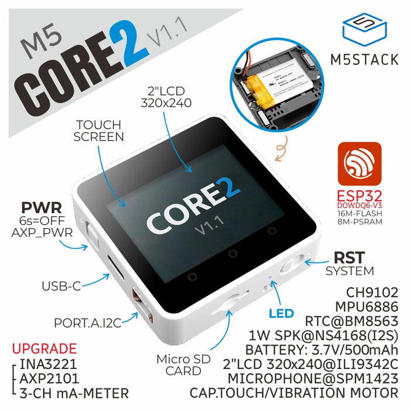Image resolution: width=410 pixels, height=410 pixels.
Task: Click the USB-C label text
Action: click(x=60, y=286)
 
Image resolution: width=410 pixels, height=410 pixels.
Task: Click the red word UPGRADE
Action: click(x=44, y=348)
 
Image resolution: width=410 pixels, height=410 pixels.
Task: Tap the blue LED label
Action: click(x=281, y=313)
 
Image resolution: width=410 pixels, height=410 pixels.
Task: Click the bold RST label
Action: click(x=349, y=257)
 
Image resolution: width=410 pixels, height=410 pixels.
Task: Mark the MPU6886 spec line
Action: click(x=367, y=306)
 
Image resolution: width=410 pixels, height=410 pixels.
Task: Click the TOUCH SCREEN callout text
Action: click(x=98, y=131)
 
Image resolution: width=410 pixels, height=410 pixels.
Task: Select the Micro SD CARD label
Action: click(x=179, y=364)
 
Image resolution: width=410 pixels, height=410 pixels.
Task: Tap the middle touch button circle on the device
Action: click(x=233, y=254)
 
